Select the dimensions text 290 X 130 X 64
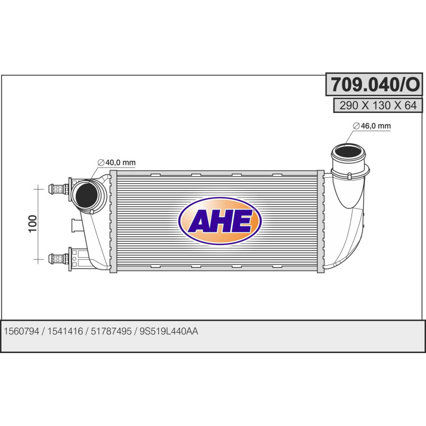coord(375,105)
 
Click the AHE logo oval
coord(220,221)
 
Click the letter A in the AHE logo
coord(199,222)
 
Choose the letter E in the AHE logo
coord(242,222)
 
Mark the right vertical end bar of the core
coord(320,221)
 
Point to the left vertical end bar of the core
coord(112,221)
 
